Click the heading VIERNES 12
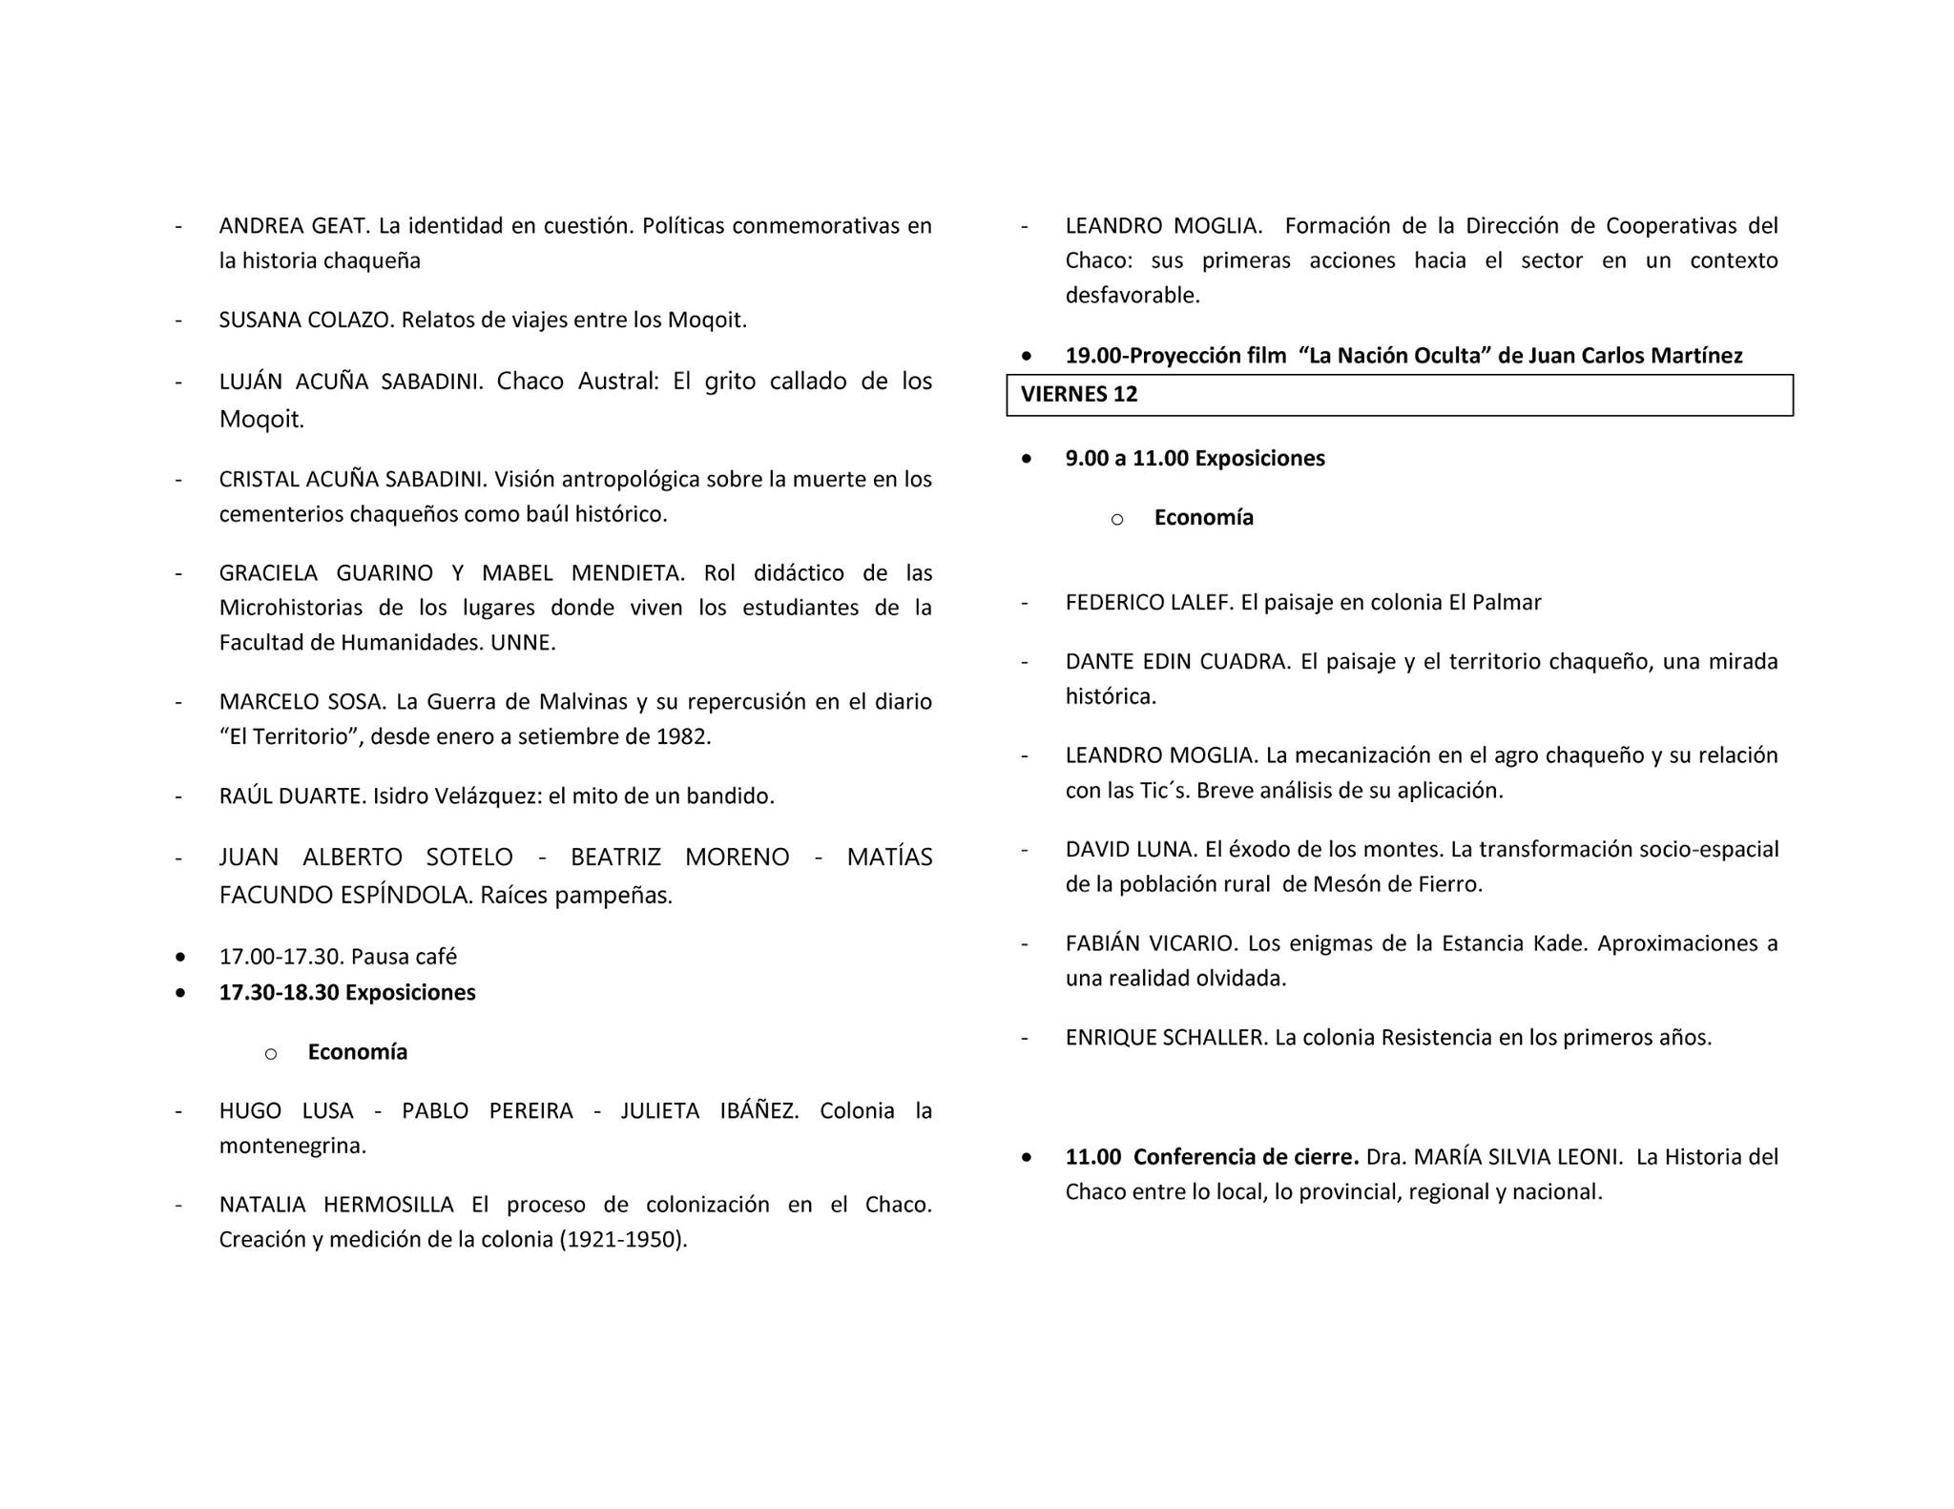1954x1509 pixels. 1079,395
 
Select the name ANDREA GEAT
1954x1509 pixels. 294,226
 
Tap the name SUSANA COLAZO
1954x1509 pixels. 305,320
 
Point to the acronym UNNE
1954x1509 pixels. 522,643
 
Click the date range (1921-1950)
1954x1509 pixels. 623,1240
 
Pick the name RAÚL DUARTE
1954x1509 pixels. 292,796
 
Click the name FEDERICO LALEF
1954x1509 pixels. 1150,603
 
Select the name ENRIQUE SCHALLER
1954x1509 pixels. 1165,1038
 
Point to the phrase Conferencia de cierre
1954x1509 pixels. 1246,1157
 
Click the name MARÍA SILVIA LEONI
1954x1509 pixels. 1518,1157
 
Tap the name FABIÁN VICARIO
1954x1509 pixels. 1151,943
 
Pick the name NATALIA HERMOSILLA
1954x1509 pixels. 336,1205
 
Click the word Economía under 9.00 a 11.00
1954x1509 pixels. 1203,518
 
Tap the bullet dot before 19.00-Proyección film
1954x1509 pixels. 1026,356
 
